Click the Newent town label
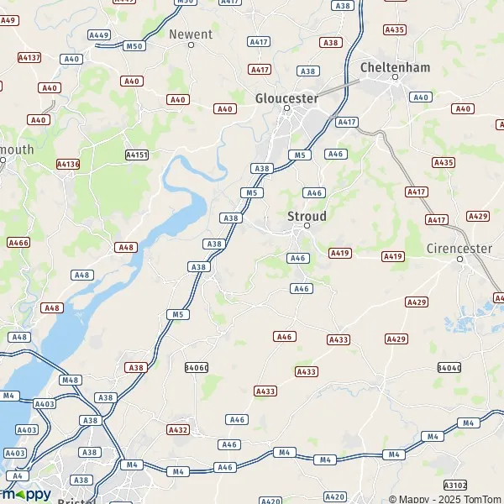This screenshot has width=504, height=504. (x=190, y=34)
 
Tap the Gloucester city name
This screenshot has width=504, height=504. (x=286, y=98)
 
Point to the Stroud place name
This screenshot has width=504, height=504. (x=307, y=216)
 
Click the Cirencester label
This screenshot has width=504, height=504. (x=459, y=249)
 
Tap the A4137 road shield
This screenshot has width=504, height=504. (x=29, y=57)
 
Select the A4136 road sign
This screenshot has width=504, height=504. (x=68, y=164)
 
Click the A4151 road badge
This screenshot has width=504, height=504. (x=136, y=155)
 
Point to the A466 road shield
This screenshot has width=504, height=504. (x=18, y=242)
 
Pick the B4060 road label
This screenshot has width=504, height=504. (x=196, y=368)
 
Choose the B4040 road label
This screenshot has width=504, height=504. (x=449, y=368)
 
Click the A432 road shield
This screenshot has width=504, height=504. (x=178, y=429)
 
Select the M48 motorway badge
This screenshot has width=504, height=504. (x=71, y=380)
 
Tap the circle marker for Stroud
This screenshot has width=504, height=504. (x=307, y=226)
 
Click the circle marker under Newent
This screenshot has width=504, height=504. (x=191, y=45)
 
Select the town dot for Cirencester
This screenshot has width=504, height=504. (x=460, y=260)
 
